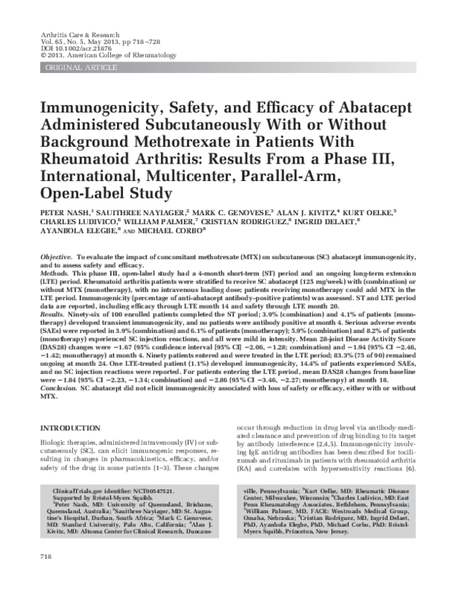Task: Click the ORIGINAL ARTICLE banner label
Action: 72,68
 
